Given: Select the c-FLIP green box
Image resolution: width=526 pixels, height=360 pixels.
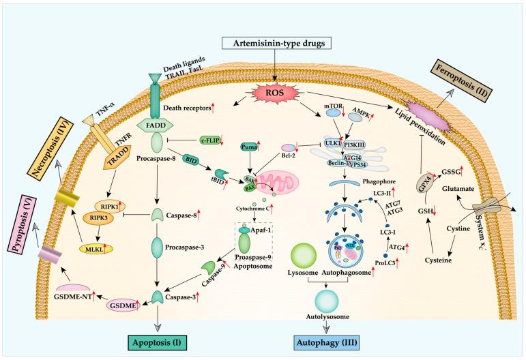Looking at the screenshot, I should [209, 140].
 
